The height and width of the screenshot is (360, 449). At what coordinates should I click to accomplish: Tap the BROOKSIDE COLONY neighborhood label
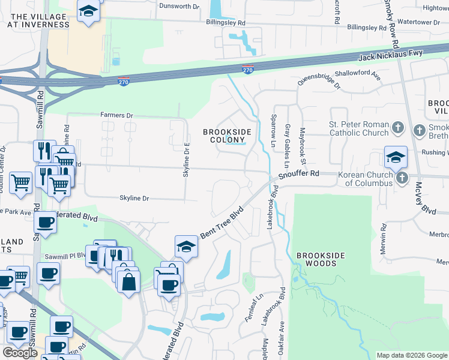pyautogui.click(x=226, y=137)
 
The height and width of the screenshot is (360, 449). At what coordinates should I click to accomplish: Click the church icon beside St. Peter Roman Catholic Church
pyautogui.click(x=397, y=128)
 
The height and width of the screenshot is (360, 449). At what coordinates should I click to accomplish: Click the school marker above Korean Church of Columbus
pyautogui.click(x=396, y=158)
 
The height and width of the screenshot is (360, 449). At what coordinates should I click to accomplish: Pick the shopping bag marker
pyautogui.click(x=128, y=281)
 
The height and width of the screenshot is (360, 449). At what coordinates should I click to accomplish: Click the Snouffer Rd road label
pyautogui.click(x=299, y=175)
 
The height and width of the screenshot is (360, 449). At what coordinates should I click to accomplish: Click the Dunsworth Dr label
pyautogui.click(x=178, y=7)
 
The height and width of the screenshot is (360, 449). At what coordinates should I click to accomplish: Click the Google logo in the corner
pyautogui.click(x=20, y=353)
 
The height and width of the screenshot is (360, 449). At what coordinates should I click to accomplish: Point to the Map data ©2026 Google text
pyautogui.click(x=411, y=355)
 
